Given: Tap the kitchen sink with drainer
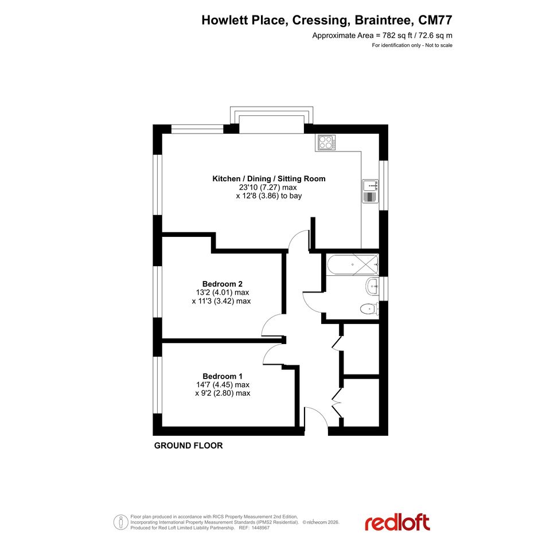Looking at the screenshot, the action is point(370,191).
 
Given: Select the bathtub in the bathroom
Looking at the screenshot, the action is point(352,264).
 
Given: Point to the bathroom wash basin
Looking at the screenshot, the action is point(372,286).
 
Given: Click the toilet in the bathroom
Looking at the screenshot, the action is point(369,309).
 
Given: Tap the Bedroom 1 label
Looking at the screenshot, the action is point(223,376).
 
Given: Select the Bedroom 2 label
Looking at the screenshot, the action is point(223,284).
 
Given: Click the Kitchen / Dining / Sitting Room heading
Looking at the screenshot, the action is point(269,179).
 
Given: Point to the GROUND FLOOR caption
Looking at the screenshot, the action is point(188,446).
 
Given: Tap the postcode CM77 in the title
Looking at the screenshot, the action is point(435,20).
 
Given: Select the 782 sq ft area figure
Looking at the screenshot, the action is point(397,35).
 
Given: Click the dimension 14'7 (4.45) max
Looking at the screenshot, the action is point(223,385).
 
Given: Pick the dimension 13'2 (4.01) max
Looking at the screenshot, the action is point(223,293).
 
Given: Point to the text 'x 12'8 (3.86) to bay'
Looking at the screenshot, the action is point(269,196).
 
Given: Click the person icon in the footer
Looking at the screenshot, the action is point(120,522).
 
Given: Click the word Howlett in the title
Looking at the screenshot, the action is point(225,20).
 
